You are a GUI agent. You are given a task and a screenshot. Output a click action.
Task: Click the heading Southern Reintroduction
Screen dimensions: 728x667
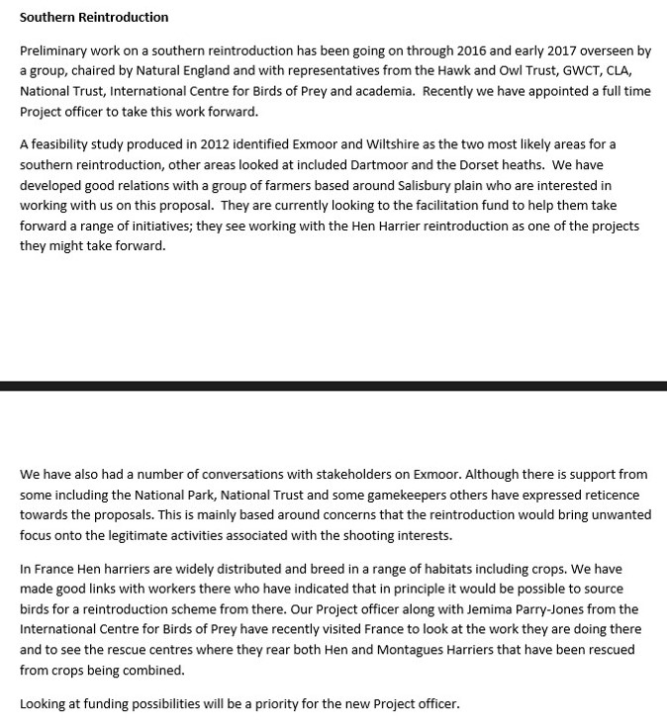click(94, 17)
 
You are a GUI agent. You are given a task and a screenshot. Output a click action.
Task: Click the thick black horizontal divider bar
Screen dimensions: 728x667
click(333, 385)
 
